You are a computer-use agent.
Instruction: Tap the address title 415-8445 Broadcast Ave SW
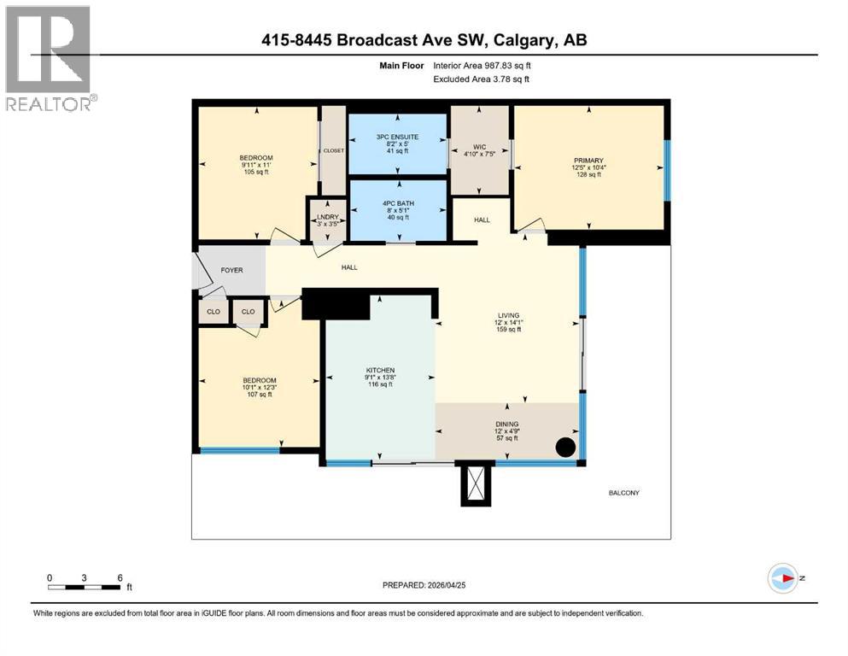[x=423, y=40]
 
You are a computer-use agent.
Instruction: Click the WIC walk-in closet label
[x=479, y=147]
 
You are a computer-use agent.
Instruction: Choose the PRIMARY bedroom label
[x=588, y=161]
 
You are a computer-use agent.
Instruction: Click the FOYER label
[x=231, y=271]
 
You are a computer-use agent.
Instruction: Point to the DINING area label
[x=506, y=424]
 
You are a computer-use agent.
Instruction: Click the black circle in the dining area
[x=564, y=447]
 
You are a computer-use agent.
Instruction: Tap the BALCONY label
[x=623, y=493]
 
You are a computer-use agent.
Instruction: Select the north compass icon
[x=782, y=578]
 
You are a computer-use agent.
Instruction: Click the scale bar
[x=84, y=587]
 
